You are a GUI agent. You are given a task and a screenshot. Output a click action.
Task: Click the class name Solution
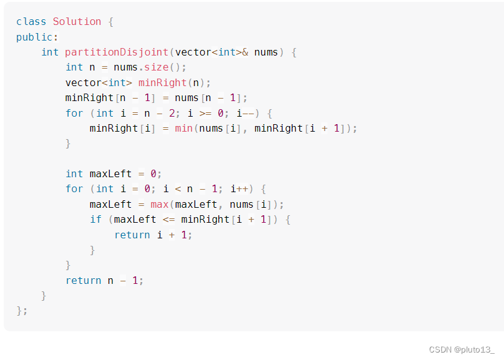77,21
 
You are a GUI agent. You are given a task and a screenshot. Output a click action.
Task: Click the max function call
160,204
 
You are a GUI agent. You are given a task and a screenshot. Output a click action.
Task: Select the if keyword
95,220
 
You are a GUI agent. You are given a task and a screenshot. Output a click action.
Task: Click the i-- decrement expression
244,113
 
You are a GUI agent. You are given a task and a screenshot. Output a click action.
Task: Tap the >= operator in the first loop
205,113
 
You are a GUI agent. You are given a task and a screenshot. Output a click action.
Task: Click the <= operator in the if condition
168,220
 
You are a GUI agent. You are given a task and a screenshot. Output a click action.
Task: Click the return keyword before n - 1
83,280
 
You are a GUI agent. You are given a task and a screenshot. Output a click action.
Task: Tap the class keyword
31,21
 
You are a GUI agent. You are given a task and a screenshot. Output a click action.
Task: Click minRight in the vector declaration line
162,82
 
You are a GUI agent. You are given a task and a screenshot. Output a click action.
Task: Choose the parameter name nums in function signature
266,52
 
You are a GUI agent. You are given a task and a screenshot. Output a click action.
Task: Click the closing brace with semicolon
22,311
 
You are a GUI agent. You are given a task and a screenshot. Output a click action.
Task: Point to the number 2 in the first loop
172,113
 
